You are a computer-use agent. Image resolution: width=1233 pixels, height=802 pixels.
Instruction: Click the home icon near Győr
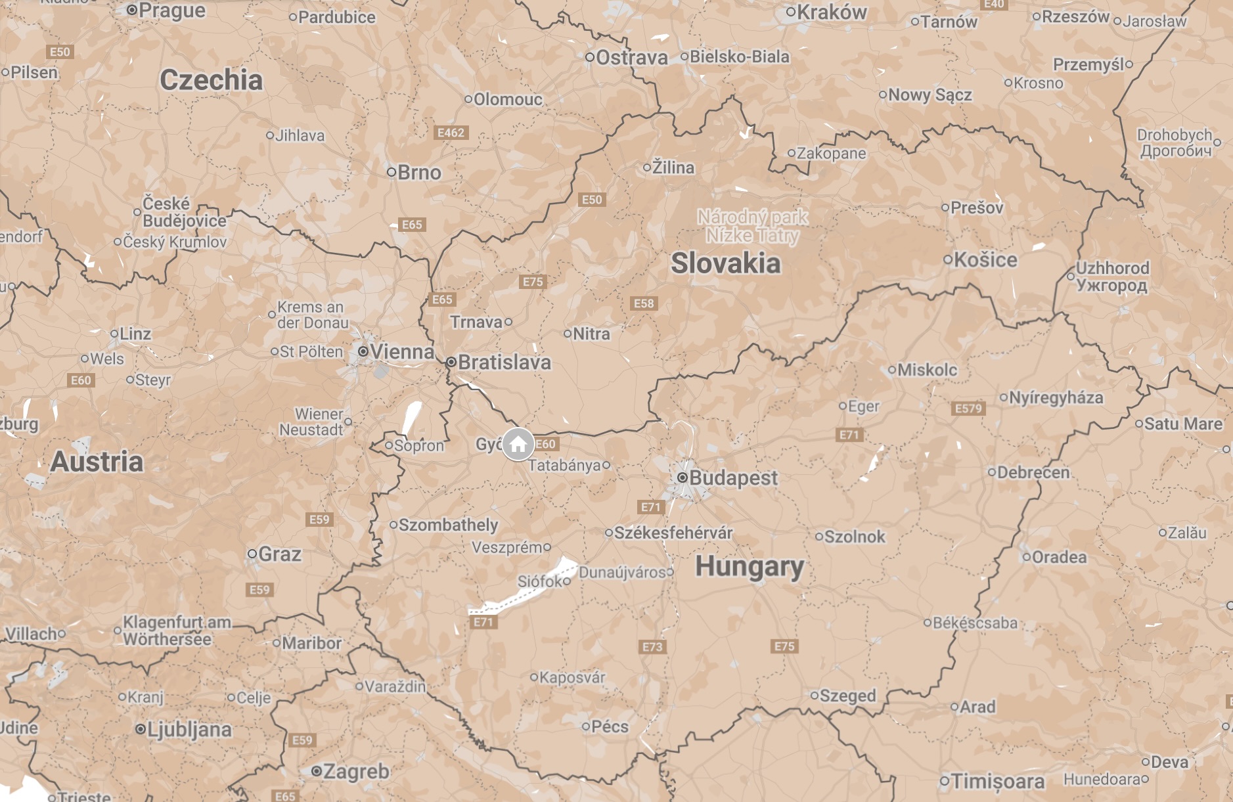click(518, 445)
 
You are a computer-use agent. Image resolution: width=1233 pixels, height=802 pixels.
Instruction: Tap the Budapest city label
click(732, 478)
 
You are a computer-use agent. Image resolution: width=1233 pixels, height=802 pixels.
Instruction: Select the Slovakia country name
click(725, 263)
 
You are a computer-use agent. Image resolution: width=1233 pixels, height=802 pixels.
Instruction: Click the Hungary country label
click(749, 566)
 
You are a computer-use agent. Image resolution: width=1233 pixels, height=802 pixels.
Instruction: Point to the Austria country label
click(97, 461)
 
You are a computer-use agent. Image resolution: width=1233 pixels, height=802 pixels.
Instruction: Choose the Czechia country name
click(211, 80)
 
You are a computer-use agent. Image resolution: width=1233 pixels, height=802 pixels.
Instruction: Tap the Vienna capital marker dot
click(363, 351)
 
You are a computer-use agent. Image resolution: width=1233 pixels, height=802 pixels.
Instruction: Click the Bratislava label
click(504, 362)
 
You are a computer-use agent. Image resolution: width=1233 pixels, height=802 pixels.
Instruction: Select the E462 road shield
click(451, 133)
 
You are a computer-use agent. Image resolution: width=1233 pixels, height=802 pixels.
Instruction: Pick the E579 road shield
click(968, 409)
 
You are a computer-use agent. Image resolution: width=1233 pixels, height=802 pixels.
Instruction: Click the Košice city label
click(985, 259)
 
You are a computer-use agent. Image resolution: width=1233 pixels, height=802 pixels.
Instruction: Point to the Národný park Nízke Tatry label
click(752, 225)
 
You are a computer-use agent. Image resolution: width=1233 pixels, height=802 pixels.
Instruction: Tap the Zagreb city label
click(356, 771)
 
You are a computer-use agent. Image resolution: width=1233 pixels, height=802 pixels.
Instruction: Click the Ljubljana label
click(189, 729)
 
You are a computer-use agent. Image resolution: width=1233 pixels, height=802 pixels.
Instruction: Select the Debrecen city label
click(1033, 472)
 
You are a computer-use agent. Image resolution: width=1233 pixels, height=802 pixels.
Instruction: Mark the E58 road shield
click(644, 303)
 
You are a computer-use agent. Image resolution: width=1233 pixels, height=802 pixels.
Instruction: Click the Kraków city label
click(832, 12)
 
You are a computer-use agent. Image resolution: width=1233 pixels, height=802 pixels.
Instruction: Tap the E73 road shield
click(652, 647)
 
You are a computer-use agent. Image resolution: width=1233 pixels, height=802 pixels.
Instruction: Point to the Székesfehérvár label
click(673, 533)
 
